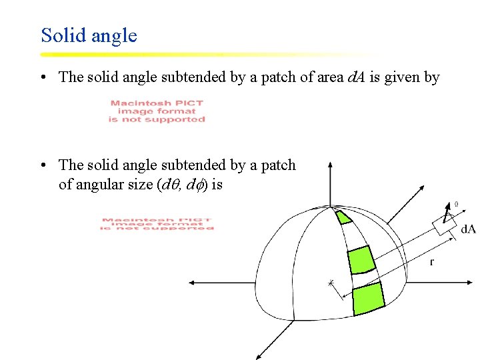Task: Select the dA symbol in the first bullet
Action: point(356,77)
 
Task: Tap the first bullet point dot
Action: point(42,77)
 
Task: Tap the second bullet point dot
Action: point(42,165)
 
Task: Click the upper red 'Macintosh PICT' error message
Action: point(157,111)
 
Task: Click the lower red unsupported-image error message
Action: point(157,224)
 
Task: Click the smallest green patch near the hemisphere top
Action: point(343,217)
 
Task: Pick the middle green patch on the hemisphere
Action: point(360,259)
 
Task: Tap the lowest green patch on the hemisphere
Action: point(368,298)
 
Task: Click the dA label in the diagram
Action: point(468,229)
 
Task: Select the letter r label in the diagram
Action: point(431,262)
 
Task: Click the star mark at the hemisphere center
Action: point(331,283)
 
